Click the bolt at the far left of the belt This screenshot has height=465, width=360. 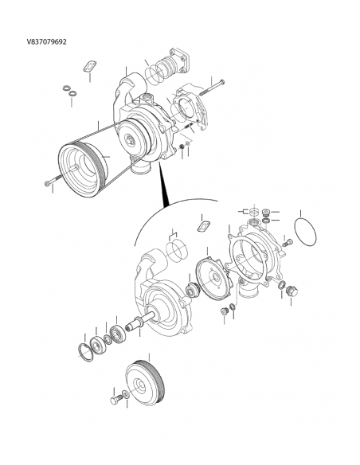click(53, 184)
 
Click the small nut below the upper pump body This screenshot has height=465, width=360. click(182, 147)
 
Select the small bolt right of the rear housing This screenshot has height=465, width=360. click(287, 242)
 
